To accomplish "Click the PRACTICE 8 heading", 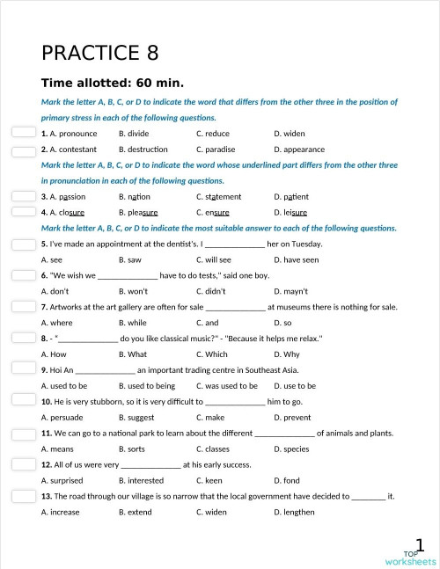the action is pyautogui.click(x=99, y=53).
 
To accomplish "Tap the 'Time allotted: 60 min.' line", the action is pyautogui.click(x=112, y=84).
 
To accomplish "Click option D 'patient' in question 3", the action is pyautogui.click(x=290, y=197).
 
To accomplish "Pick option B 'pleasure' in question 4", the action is pyautogui.click(x=138, y=213).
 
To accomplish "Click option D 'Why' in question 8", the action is pyautogui.click(x=287, y=355).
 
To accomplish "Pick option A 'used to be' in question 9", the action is pyautogui.click(x=64, y=386).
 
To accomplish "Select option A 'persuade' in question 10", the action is pyautogui.click(x=62, y=418).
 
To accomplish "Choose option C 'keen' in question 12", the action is pyautogui.click(x=209, y=481).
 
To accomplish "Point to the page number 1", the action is pyautogui.click(x=422, y=545).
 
